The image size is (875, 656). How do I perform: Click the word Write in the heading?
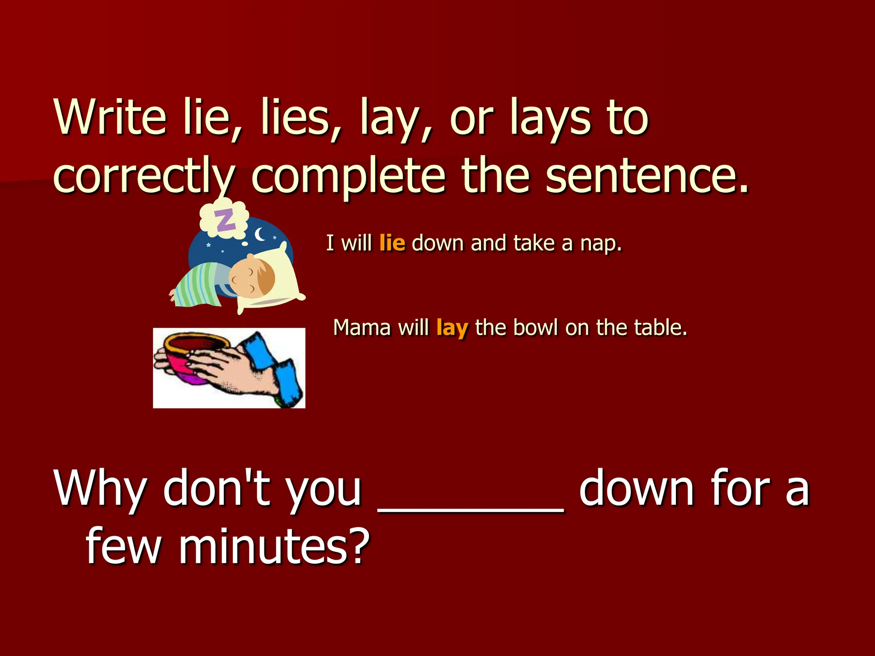110,117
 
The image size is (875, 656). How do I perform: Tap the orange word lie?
392,243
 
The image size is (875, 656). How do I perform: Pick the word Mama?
362,328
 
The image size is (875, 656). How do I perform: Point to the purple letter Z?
225,220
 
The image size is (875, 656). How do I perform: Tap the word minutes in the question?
274,546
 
